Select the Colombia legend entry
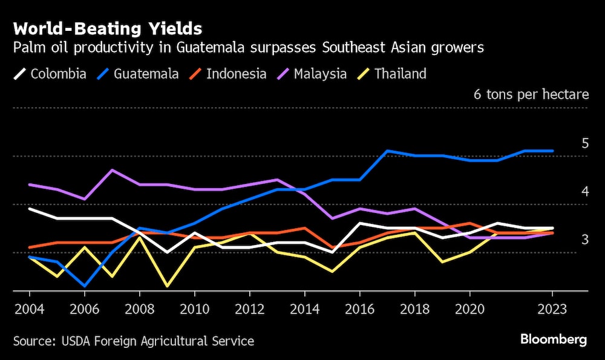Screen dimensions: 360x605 [x=51, y=74]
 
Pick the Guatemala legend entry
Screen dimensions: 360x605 [x=138, y=74]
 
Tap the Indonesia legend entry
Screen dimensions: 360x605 [x=228, y=74]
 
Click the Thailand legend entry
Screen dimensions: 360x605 [x=393, y=74]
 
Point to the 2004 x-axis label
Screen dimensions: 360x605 [x=30, y=309]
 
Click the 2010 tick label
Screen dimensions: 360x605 [x=194, y=309]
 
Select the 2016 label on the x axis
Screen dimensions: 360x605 [x=360, y=309]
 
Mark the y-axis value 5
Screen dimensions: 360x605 [x=584, y=143]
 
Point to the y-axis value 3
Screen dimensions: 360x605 [x=584, y=240]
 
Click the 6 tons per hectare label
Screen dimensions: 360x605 [x=531, y=95]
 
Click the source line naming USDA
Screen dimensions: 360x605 [x=133, y=341]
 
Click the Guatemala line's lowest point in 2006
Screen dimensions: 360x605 [x=85, y=286]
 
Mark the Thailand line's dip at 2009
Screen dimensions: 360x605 [x=167, y=286]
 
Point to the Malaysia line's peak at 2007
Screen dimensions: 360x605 [x=112, y=170]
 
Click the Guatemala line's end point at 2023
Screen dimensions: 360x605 [x=552, y=151]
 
